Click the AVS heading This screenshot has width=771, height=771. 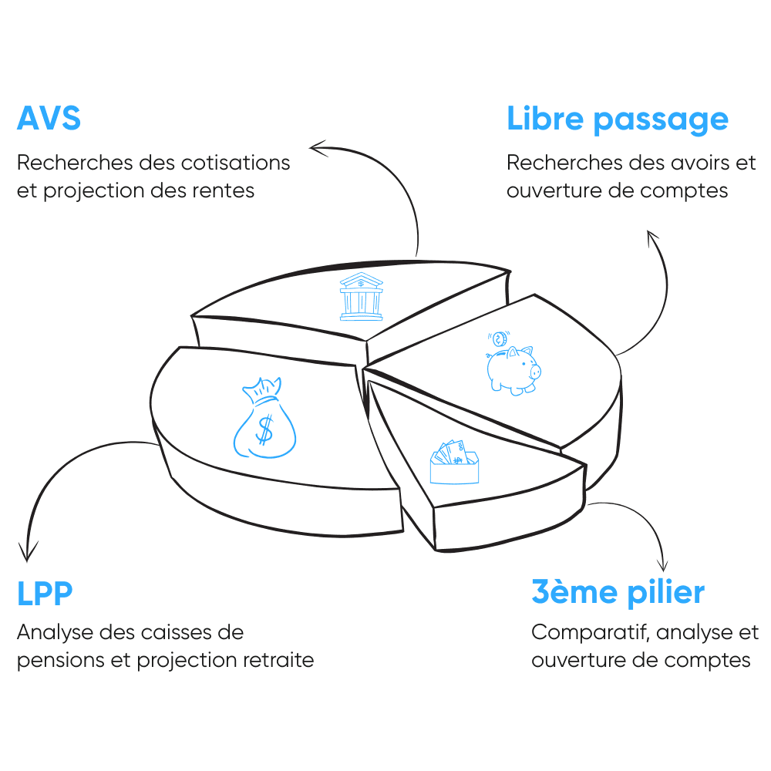(49, 120)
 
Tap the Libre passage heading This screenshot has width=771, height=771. (617, 120)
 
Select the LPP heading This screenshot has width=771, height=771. (45, 594)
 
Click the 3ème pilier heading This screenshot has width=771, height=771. (618, 593)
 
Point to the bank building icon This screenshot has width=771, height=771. (360, 296)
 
